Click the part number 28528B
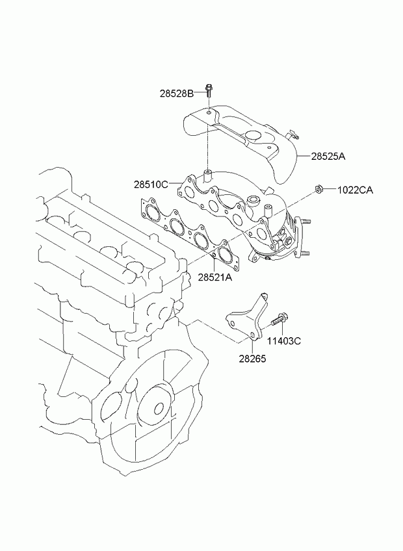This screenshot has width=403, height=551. (177, 94)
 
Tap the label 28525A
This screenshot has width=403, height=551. (328, 157)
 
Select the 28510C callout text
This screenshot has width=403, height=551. (151, 185)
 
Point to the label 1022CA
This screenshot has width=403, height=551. (354, 190)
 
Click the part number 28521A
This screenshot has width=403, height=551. (215, 277)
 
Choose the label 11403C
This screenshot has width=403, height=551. (284, 340)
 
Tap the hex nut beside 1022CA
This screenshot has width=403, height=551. (319, 189)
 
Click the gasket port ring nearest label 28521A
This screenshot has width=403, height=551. (226, 255)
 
